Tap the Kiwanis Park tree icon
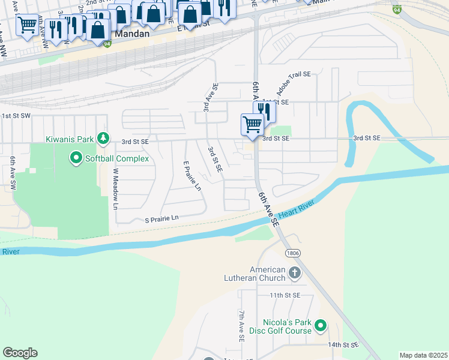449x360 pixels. pos(103,139)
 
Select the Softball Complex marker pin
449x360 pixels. pos(76,158)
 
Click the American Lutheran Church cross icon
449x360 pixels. pos(294,274)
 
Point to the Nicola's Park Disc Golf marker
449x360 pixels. pos(321,326)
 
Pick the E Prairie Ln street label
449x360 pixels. pos(191,176)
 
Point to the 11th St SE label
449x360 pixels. pos(284,296)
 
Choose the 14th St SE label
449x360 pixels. pos(343,345)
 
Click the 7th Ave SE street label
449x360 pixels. pos(241,326)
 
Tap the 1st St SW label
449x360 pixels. pos(16,115)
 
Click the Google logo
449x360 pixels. pos(20,353)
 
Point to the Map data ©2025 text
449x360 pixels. pos(423,355)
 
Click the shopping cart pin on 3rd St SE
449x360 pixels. pos(253,125)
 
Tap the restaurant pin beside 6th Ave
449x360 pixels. pos(264,110)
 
